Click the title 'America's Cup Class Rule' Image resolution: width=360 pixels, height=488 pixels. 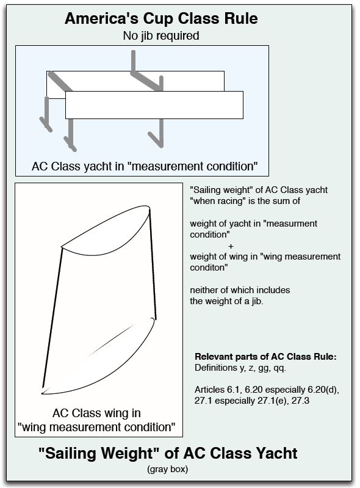click(161, 19)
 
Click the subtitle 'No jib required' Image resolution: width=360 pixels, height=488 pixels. click(161, 36)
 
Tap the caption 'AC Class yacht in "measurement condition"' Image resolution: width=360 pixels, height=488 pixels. click(145, 166)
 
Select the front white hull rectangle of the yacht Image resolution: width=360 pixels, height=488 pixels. click(154, 105)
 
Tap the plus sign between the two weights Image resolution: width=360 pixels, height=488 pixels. click(231, 246)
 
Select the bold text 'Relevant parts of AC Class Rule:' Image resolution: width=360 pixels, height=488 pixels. click(266, 357)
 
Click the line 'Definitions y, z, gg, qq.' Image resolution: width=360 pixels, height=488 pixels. click(240, 368)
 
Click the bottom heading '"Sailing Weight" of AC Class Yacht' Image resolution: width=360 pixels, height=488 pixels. click(168, 453)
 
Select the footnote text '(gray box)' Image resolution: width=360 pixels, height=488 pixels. click(168, 469)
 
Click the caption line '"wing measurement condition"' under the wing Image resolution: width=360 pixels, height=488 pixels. click(96, 427)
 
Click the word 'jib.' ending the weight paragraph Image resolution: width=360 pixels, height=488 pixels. click(257, 301)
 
